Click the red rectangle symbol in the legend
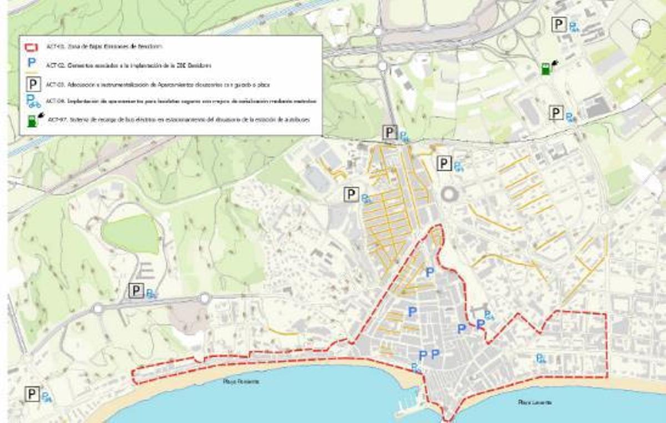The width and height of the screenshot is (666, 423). (33, 47)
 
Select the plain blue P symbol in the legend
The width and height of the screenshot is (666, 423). (33, 64)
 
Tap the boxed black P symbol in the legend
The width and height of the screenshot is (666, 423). (33, 84)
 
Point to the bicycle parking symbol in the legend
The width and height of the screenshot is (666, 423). (33, 101)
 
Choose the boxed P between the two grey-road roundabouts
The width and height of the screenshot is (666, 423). (136, 290)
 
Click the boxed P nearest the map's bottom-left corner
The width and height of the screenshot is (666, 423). (32, 394)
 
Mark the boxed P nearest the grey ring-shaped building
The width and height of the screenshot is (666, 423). (444, 163)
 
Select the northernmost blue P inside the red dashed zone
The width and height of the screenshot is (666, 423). (430, 272)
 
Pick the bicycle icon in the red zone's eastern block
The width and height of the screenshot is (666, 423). (540, 359)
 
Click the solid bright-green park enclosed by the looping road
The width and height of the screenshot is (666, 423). (131, 234)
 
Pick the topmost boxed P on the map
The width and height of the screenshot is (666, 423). (559, 24)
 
